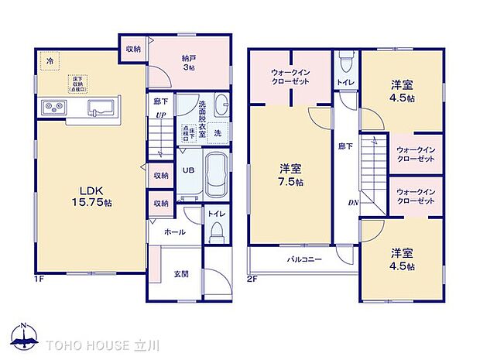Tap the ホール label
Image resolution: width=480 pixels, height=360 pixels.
coord(174,231)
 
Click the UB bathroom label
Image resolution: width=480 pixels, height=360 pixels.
coord(188,170)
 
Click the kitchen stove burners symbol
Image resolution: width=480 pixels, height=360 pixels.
coord(51,106)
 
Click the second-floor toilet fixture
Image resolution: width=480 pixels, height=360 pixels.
coord(345,60)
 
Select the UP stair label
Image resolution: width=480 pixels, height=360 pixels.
coord(161,116)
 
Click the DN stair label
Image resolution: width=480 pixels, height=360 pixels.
coord(352,204)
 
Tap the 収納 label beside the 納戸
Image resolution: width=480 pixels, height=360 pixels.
coord(133,49)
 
